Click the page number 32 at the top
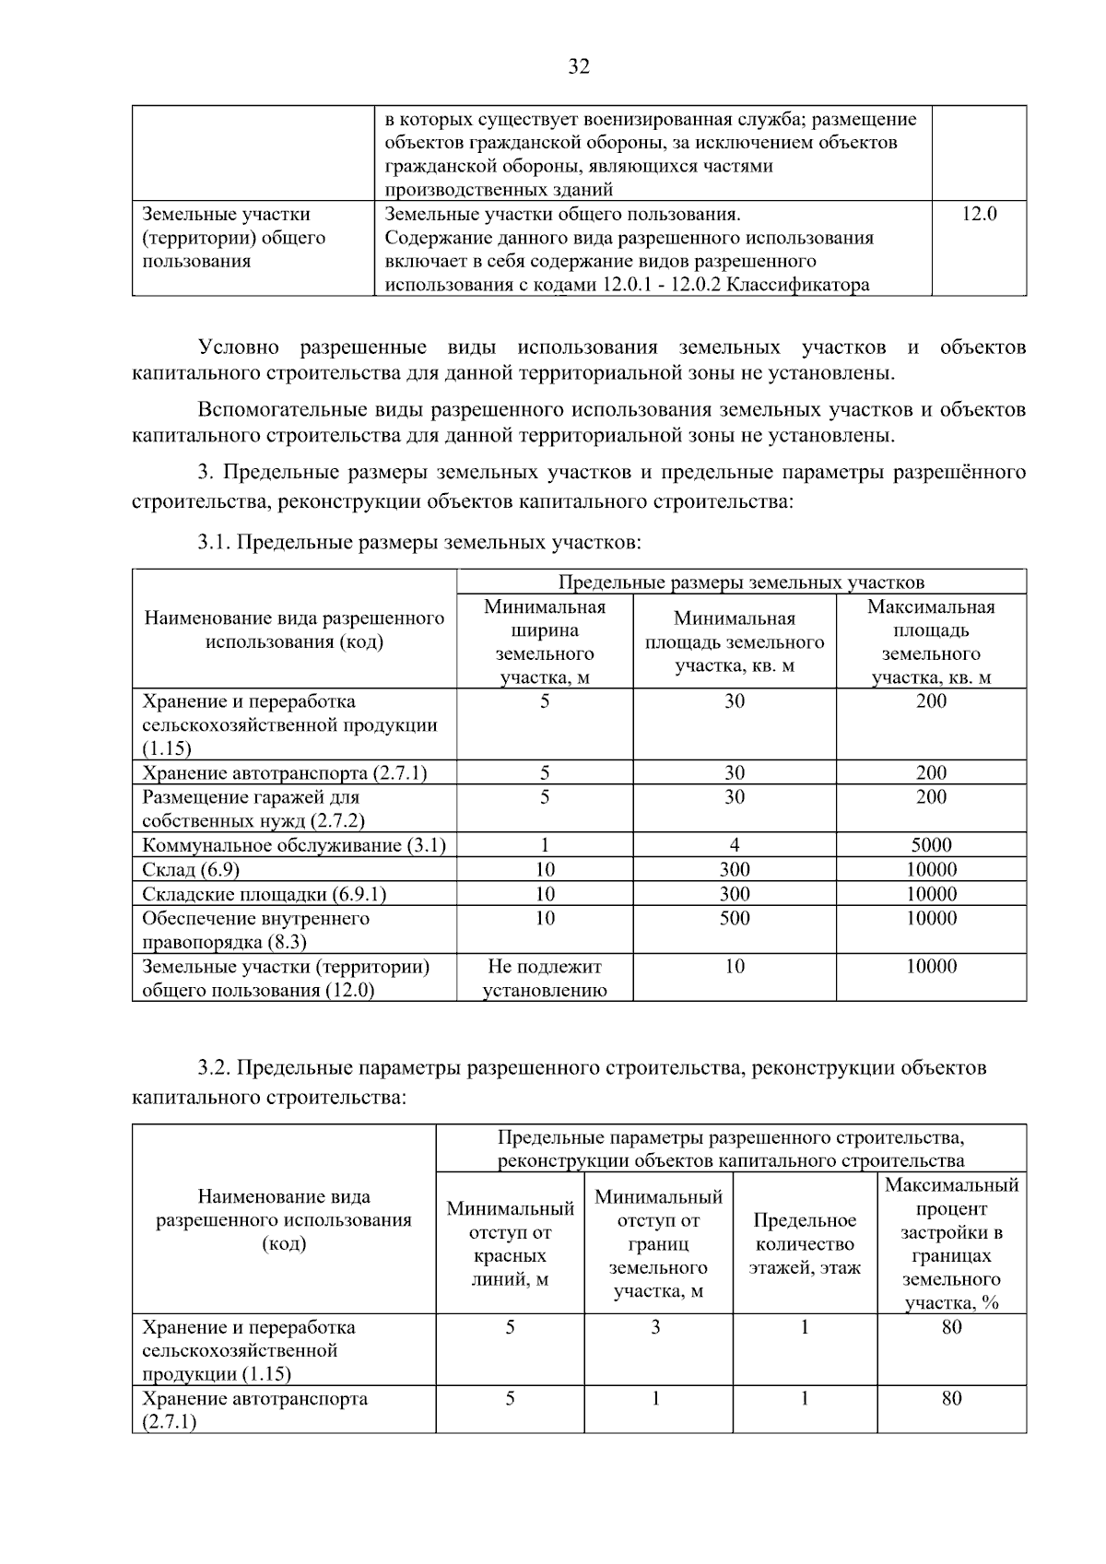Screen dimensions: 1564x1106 579,67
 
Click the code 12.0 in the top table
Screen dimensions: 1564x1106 979,215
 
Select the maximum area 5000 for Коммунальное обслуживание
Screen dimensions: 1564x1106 931,845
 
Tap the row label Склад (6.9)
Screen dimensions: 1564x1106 191,870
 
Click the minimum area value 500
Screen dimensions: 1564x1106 735,918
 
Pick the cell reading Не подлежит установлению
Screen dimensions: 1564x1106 545,978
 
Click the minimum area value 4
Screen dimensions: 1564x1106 735,845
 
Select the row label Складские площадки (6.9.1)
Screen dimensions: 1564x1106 264,894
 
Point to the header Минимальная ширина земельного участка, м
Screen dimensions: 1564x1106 545,642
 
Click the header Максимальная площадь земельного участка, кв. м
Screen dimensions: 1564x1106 931,642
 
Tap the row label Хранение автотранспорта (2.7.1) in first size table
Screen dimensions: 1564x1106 284,773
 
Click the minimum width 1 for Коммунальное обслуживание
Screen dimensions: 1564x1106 545,845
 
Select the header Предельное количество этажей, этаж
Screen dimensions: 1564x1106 805,1243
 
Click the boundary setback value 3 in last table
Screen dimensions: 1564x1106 656,1327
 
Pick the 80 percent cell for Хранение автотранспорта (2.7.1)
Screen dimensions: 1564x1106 951,1399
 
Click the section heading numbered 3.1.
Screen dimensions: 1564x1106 419,542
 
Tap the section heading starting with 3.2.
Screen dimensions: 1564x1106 590,1068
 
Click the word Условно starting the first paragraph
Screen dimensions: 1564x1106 239,347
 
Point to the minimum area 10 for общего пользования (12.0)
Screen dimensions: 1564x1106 735,966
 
